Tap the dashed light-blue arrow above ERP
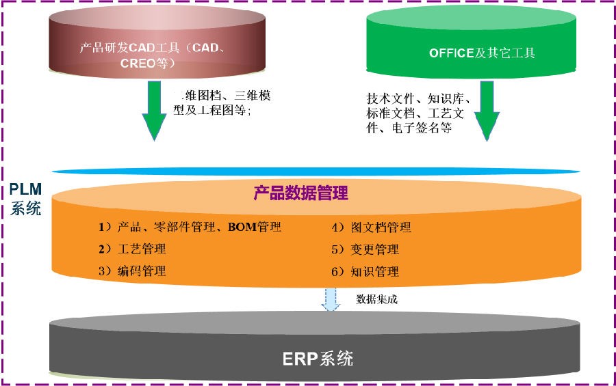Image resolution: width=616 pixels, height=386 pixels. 331,299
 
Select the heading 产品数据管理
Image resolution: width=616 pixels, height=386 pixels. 301,193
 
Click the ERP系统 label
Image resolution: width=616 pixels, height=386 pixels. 318,358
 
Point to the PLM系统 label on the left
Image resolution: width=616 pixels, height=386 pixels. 25,199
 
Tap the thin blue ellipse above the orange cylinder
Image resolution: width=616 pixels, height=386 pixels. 315,171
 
